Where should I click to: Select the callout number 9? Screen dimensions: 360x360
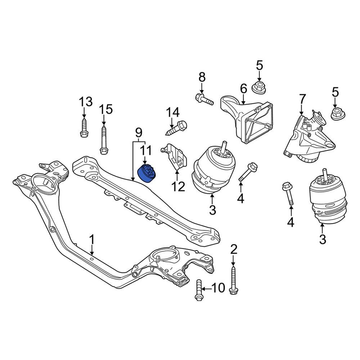click(x=139, y=132)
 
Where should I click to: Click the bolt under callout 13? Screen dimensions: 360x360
click(x=84, y=129)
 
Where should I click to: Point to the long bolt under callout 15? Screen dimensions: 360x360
click(x=103, y=140)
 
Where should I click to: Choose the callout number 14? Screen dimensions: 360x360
click(x=172, y=113)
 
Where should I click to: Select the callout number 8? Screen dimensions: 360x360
click(x=202, y=77)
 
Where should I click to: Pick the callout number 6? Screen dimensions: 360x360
click(x=243, y=88)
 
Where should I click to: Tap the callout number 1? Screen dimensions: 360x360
click(x=92, y=239)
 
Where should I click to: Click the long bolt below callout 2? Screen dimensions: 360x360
click(x=234, y=279)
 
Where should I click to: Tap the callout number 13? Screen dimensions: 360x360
click(x=86, y=102)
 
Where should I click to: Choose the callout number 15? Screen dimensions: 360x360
click(x=106, y=109)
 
